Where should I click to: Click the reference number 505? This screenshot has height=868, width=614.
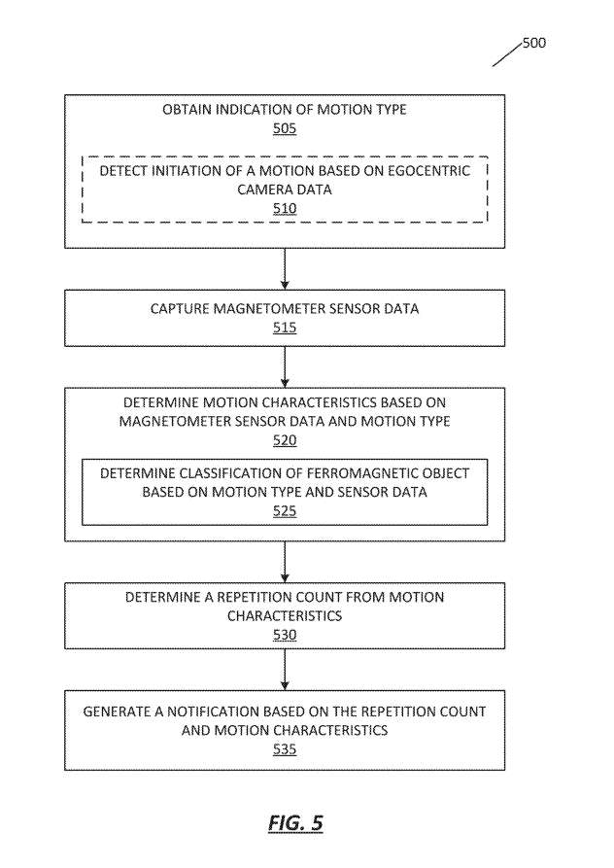coord(285,128)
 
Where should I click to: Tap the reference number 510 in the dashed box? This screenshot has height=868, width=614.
coord(285,209)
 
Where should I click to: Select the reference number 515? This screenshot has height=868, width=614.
coord(285,328)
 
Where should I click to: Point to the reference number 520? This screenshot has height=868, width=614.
coord(285,440)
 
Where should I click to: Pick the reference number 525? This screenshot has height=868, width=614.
coord(285,511)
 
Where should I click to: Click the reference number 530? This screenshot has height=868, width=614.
coord(285,635)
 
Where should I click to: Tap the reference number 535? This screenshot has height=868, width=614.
coord(285,749)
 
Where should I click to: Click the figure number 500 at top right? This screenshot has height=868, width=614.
coord(533,43)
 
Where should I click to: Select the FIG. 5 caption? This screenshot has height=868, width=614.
coord(295,823)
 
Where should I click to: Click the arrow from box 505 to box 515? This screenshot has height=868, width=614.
coord(285,269)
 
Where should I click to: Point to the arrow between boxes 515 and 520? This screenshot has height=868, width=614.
coord(285,367)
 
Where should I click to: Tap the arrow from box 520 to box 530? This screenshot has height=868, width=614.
coord(285,562)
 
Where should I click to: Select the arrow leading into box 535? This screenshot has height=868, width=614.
coord(285,670)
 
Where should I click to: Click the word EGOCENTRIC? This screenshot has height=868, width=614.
coord(428,171)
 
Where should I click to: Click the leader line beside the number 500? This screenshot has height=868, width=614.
coord(507,53)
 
